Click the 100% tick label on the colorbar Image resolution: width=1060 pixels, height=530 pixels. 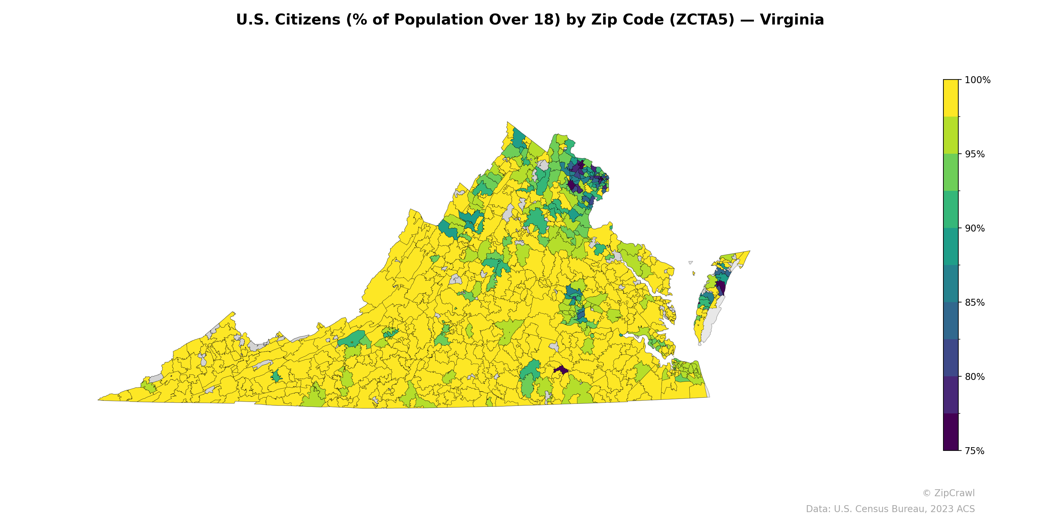(x=977, y=80)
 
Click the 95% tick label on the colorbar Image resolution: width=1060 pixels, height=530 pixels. (x=975, y=154)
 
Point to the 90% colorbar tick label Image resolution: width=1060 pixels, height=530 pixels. (x=975, y=228)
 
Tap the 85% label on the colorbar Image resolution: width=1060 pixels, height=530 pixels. (x=975, y=302)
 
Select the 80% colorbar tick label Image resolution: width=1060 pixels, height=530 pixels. (x=975, y=377)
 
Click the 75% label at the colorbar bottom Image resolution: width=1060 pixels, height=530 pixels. (x=975, y=451)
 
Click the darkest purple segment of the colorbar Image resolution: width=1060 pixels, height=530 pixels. (x=951, y=432)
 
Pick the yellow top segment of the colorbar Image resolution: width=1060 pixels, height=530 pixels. (x=951, y=98)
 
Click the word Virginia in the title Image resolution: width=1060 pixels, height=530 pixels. (x=792, y=20)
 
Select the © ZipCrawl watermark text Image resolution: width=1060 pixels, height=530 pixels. (x=948, y=493)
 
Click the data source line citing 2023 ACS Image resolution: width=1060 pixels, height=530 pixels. (x=890, y=509)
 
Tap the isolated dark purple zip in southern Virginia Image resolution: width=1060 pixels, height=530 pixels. (x=561, y=370)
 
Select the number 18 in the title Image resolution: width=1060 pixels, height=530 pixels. (x=550, y=20)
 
